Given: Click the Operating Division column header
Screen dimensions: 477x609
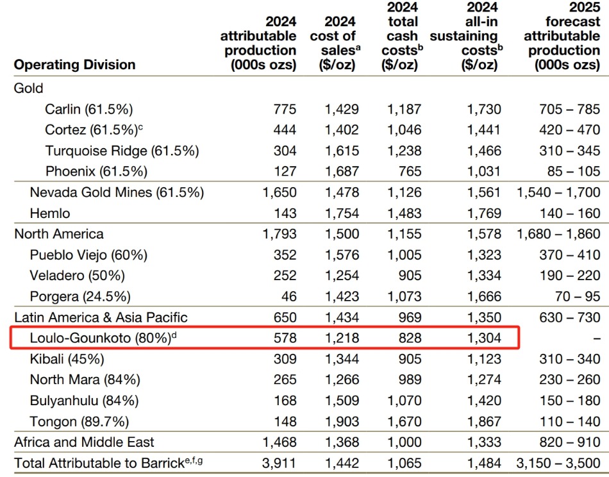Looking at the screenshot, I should click(74, 65).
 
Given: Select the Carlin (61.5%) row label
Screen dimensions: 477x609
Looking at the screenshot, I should click(89, 109).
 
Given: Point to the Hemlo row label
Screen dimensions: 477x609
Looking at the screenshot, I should click(50, 213).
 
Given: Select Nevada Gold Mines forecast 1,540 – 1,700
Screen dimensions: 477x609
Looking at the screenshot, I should click(558, 192).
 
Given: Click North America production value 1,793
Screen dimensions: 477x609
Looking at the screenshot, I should click(279, 234).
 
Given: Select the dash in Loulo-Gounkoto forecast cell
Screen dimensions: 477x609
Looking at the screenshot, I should click(597, 338).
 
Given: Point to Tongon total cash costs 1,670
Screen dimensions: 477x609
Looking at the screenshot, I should click(404, 422).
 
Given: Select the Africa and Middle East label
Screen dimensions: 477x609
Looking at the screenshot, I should click(84, 442).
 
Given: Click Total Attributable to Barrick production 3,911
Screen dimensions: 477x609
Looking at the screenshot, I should click(279, 463).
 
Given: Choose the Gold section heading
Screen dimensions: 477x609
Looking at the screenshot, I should click(28, 88).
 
